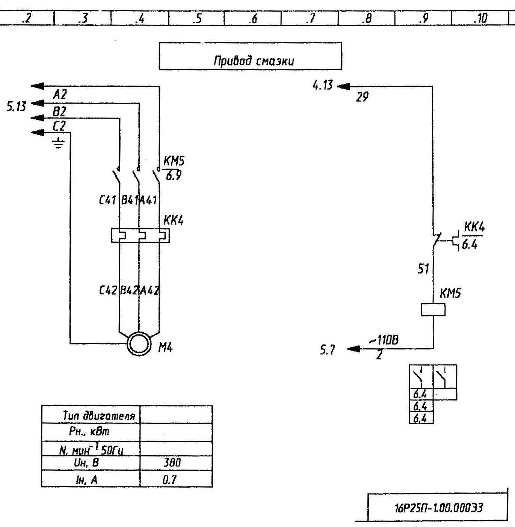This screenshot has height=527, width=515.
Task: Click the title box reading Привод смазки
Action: [x=250, y=56]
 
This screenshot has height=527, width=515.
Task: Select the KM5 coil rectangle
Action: [x=433, y=310]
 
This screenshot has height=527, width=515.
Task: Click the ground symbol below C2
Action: [x=59, y=143]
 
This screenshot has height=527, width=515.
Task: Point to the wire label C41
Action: [x=107, y=200]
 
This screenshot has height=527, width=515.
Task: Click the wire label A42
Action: [x=150, y=290]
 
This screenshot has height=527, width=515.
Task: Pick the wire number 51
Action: [x=423, y=269]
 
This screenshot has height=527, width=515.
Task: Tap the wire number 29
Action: [x=362, y=97]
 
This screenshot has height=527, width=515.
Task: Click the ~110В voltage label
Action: [x=384, y=340]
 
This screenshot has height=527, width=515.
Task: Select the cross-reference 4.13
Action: [x=322, y=86]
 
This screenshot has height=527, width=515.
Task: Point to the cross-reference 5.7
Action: [x=327, y=350]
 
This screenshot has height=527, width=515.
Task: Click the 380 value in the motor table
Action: [x=172, y=462]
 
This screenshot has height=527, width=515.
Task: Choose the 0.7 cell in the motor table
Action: [x=170, y=479]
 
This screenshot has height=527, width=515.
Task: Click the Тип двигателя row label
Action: [x=98, y=416]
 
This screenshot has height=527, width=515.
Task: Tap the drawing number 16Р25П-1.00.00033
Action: [x=438, y=508]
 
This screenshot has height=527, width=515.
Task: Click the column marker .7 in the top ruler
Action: [x=310, y=18]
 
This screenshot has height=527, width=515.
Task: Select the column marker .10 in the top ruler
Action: [x=480, y=18]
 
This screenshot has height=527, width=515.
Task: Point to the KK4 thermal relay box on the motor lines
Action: [x=140, y=236]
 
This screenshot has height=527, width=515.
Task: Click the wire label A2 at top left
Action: [x=60, y=94]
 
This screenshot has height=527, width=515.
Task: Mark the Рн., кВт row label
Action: [x=89, y=432]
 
